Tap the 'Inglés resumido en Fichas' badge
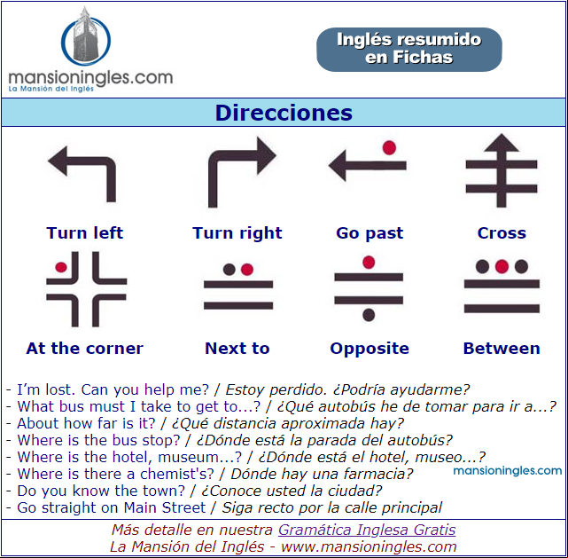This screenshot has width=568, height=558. coord(409,50)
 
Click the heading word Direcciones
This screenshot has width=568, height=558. coord(284,113)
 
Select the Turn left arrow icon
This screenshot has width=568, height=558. coord(82,173)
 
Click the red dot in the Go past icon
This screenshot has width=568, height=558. coord(389,147)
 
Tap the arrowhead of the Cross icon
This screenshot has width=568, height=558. coord(502,142)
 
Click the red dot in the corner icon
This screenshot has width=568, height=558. coord(61,267)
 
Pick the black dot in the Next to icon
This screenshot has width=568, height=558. coord(229,270)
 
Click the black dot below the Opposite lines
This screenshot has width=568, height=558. coord(369,315)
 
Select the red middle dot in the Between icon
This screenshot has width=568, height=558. coord(502,266)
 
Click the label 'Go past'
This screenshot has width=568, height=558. coord(370,233)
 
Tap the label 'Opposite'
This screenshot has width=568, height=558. coord(370,349)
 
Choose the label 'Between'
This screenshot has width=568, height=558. coord(502,348)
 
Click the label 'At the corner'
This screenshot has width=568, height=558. coord(85,348)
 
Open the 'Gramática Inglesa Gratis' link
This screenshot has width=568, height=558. coord(367,530)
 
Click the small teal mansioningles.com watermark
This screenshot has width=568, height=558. coord(507,471)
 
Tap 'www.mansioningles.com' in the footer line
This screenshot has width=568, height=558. coord(369,546)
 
